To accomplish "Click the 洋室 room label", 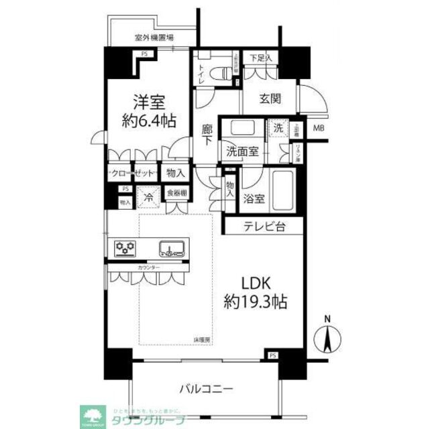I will [148, 103].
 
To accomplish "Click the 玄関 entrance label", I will [270, 99].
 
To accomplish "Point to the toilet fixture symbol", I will [218, 72].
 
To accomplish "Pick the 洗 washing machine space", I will [277, 127].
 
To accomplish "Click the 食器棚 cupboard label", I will [177, 194].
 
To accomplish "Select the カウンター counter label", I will [148, 267].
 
